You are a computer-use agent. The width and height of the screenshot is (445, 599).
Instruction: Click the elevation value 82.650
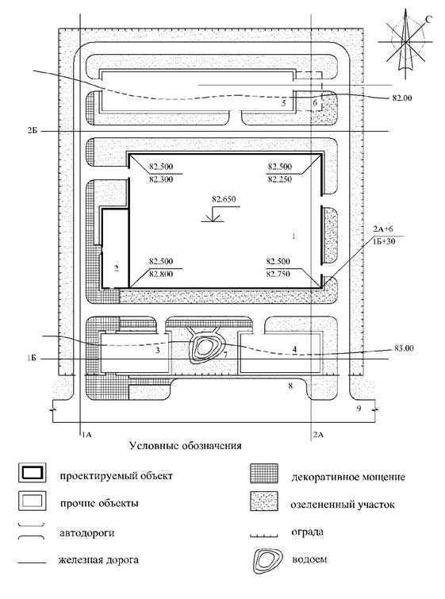point(224,199)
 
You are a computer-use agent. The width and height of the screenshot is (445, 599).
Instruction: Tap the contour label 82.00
point(402,98)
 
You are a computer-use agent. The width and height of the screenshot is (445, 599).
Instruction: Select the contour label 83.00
point(404,348)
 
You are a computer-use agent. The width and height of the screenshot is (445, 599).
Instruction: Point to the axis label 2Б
point(32,131)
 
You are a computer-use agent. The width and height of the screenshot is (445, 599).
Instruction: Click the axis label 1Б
point(31,359)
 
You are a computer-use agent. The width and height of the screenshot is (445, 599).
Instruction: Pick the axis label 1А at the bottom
point(87,434)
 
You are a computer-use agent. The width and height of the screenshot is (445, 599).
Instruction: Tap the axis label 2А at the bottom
point(318,434)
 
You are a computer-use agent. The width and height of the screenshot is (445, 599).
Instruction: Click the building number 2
point(116,268)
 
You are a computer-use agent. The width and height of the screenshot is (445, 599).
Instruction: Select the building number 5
point(284,103)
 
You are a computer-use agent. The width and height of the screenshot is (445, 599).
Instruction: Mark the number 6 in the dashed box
point(315,102)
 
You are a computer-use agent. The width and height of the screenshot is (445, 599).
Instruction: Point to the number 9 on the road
point(359,409)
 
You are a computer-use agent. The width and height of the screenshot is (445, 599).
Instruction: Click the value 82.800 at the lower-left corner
point(161,274)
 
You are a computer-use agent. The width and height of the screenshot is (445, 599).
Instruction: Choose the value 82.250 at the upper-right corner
point(279,179)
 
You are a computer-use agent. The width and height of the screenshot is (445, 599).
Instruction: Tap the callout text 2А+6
point(384,229)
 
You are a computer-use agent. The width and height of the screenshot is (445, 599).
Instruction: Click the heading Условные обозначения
point(186,445)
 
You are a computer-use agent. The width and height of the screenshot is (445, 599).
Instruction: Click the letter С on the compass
point(428,20)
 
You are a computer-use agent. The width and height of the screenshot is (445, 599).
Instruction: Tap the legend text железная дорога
point(98,560)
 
